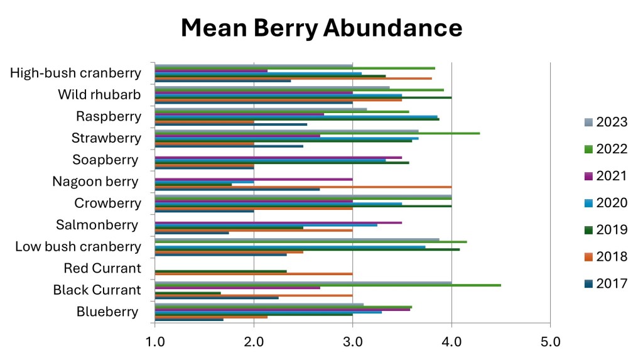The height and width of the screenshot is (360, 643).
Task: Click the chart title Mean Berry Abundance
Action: (321, 28)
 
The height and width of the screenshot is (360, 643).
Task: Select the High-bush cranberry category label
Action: (75, 73)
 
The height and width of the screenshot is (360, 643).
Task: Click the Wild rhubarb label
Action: (99, 95)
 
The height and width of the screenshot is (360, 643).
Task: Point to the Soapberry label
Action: (105, 160)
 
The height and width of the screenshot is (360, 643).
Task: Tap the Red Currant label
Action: (102, 268)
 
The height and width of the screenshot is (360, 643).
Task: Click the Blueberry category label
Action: (107, 312)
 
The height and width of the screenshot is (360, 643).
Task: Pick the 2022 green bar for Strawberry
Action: (317, 133)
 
